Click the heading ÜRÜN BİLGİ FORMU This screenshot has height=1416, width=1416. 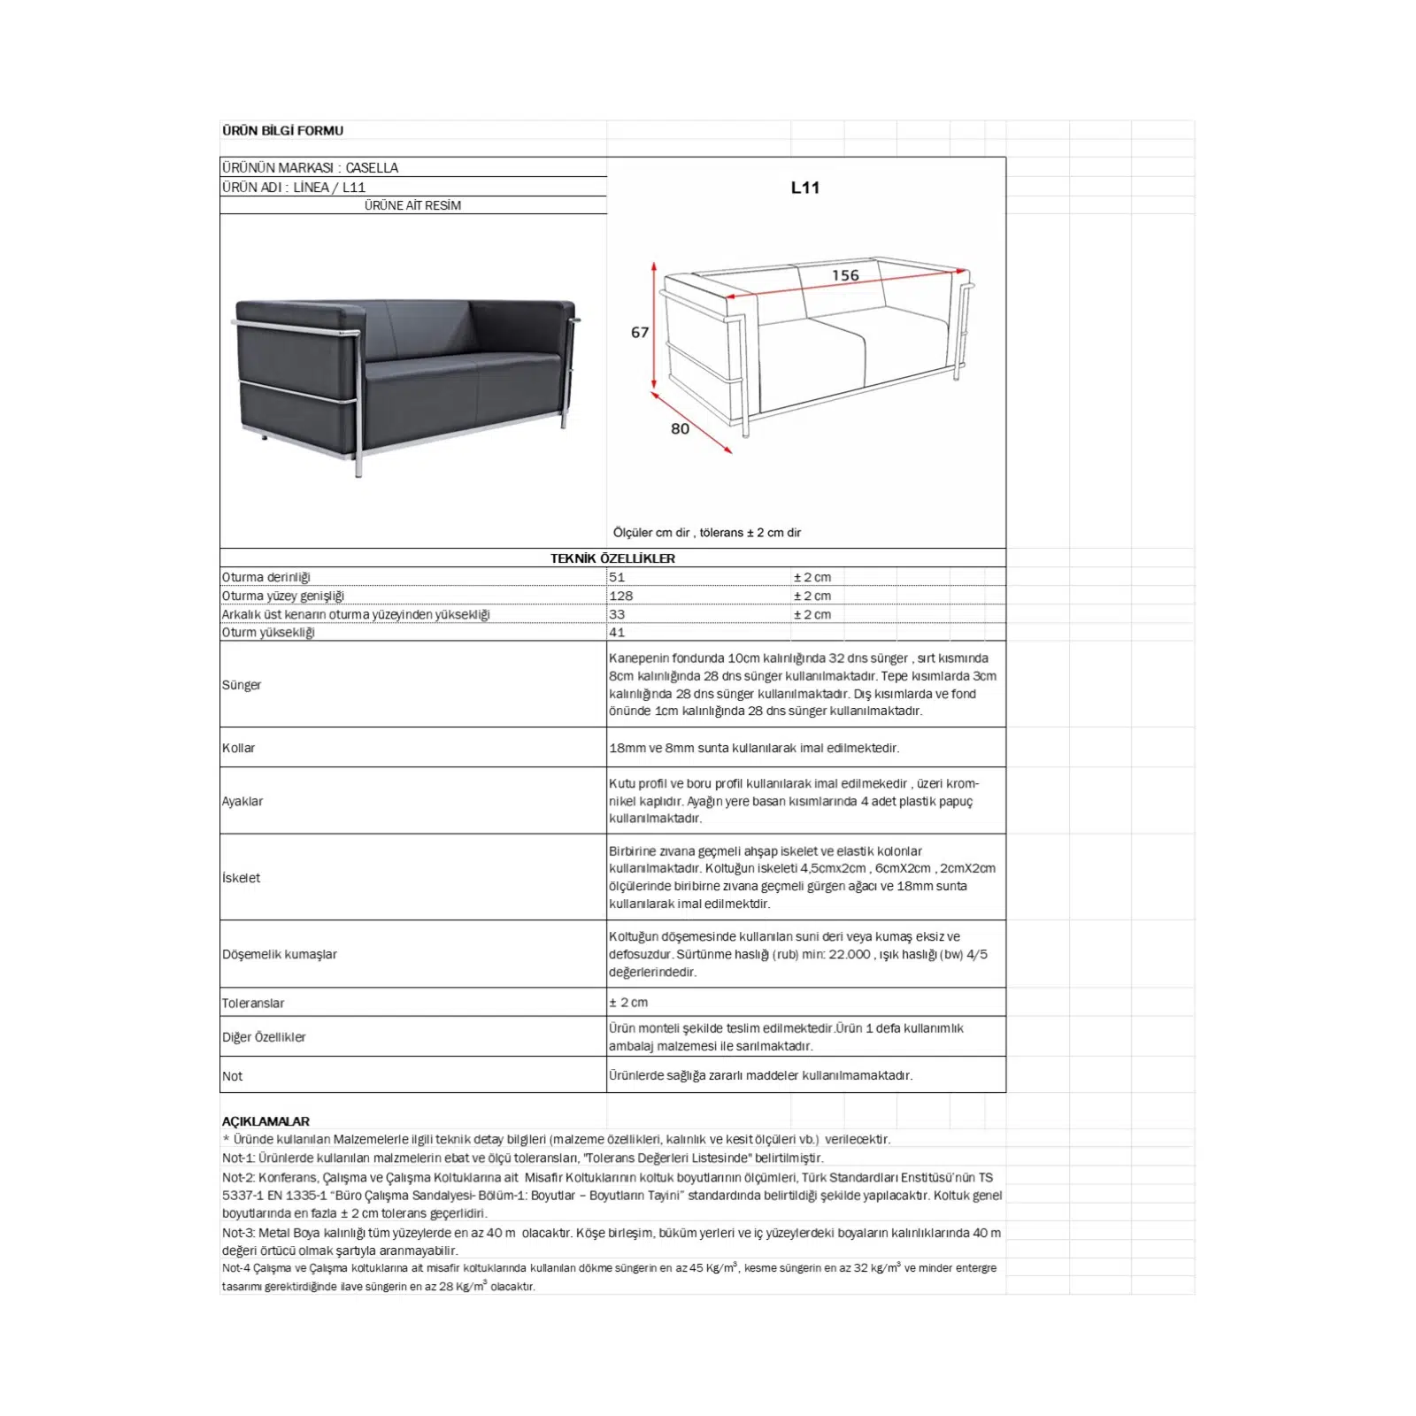(x=282, y=130)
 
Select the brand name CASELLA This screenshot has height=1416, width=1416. (x=372, y=167)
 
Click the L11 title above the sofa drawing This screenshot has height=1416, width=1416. (x=805, y=188)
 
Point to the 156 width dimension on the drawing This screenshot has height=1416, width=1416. (x=845, y=275)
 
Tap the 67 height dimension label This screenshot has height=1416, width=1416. (x=640, y=333)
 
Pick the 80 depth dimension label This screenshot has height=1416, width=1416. (x=680, y=428)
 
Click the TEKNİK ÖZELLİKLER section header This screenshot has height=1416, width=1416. (x=612, y=558)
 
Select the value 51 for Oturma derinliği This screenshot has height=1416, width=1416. (x=617, y=577)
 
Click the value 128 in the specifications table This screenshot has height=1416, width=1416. (x=620, y=596)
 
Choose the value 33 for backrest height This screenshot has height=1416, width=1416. (x=617, y=614)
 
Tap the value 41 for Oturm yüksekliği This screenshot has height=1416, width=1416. (x=617, y=632)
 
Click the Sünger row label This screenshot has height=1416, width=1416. (x=242, y=685)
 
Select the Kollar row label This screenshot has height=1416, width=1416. (x=239, y=748)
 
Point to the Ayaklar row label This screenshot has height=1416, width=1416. (x=242, y=801)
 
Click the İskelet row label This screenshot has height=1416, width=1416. (x=242, y=878)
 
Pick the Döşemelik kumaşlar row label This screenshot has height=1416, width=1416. (x=280, y=954)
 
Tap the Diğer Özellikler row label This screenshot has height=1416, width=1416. (x=264, y=1037)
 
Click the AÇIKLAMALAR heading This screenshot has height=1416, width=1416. (x=265, y=1121)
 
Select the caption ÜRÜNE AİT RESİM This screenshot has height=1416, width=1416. (x=412, y=205)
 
